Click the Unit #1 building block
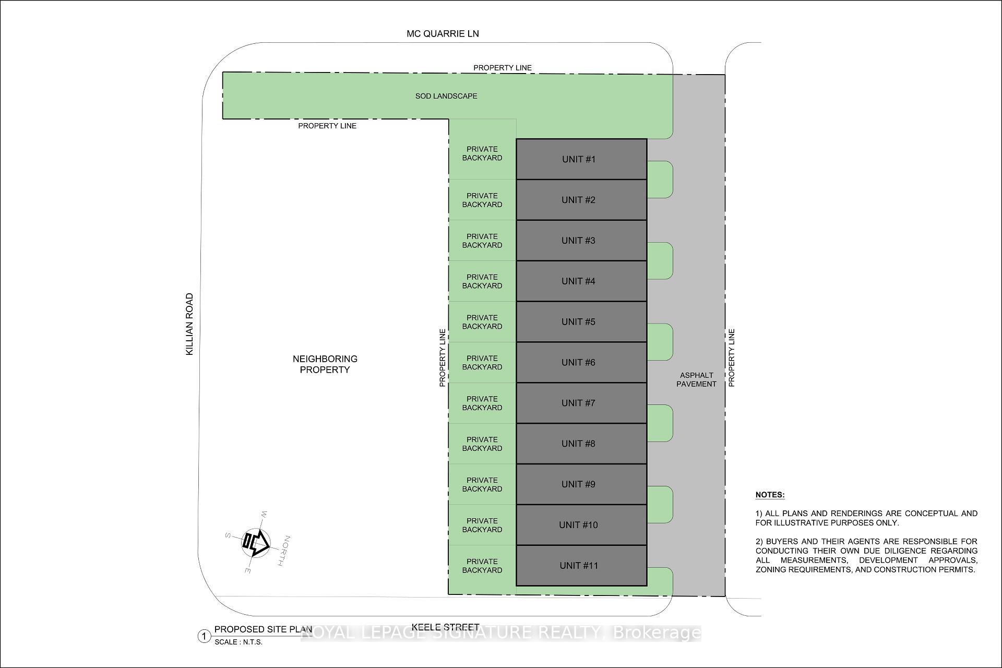point(581,159)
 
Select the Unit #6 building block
point(581,362)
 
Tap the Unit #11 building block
point(581,565)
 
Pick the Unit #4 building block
point(581,281)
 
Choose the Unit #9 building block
point(581,484)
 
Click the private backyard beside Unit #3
point(482,241)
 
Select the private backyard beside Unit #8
point(482,444)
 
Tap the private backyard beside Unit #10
point(482,525)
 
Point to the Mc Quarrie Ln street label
point(443,33)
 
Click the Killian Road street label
point(189,324)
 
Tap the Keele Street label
point(445,627)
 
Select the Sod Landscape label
point(446,96)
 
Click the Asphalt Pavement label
point(697,379)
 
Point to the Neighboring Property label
point(325,364)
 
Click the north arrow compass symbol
point(256,543)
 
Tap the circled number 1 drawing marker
point(204,636)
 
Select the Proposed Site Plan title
point(264,629)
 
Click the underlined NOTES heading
point(770,495)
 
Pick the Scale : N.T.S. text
point(238,642)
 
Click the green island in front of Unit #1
point(660,180)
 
